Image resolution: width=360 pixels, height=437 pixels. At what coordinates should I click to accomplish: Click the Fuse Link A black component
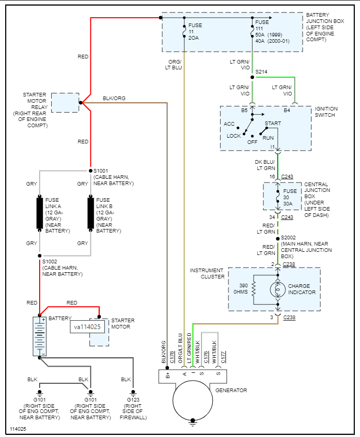click(x=40, y=213)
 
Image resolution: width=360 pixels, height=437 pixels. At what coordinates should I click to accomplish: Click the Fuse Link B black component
click(x=91, y=213)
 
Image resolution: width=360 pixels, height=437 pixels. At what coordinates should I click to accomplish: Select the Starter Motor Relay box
click(x=65, y=102)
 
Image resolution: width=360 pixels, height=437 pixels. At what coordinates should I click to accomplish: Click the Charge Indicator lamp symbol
click(x=278, y=289)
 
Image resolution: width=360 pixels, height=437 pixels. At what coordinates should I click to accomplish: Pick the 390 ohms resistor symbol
click(x=253, y=289)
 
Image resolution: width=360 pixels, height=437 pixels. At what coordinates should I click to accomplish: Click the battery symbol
click(x=40, y=336)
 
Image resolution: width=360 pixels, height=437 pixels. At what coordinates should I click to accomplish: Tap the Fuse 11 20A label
click(x=195, y=31)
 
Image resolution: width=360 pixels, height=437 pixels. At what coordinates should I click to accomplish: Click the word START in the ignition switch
click(x=273, y=124)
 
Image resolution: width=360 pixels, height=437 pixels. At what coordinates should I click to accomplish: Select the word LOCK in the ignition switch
click(x=234, y=136)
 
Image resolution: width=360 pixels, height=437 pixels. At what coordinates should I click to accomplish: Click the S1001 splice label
click(x=100, y=171)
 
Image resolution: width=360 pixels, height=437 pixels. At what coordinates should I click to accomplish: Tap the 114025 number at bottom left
click(x=18, y=429)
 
